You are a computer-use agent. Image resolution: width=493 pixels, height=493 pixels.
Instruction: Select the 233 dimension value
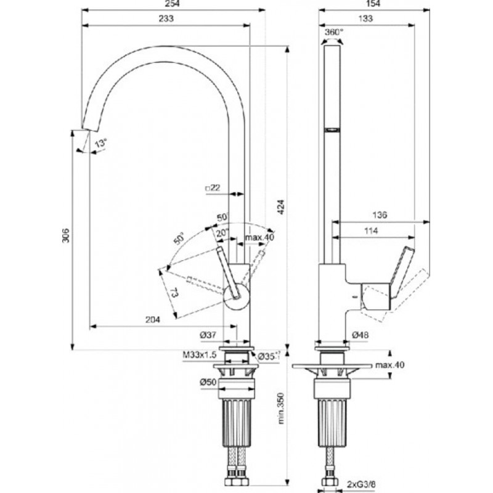(x=166, y=18)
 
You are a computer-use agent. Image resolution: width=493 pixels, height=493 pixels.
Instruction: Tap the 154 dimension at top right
(x=373, y=4)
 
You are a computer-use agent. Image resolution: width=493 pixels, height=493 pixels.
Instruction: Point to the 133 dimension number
(x=365, y=18)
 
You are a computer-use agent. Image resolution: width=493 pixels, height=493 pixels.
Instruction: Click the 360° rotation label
(x=334, y=32)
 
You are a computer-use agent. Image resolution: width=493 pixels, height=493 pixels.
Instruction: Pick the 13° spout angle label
(x=101, y=144)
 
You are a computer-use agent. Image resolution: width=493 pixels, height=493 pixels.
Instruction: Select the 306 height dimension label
(x=66, y=235)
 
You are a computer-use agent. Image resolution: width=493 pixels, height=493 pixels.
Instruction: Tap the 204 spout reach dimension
(x=152, y=319)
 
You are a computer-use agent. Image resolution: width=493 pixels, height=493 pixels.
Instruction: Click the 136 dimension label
(x=380, y=215)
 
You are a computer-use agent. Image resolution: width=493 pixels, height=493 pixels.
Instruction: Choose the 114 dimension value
(x=371, y=231)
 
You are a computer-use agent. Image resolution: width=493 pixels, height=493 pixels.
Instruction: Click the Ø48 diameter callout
(x=361, y=335)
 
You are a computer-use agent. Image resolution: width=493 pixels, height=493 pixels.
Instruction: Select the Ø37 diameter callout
(x=208, y=335)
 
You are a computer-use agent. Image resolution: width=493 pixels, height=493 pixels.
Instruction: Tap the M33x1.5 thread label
(x=200, y=355)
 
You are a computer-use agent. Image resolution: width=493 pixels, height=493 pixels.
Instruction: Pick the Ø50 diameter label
(x=208, y=382)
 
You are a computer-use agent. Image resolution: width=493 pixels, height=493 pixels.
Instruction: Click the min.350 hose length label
(x=281, y=408)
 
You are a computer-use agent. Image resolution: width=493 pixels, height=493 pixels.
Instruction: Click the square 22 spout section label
(x=213, y=188)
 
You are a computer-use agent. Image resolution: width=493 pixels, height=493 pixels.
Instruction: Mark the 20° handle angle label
(x=222, y=233)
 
